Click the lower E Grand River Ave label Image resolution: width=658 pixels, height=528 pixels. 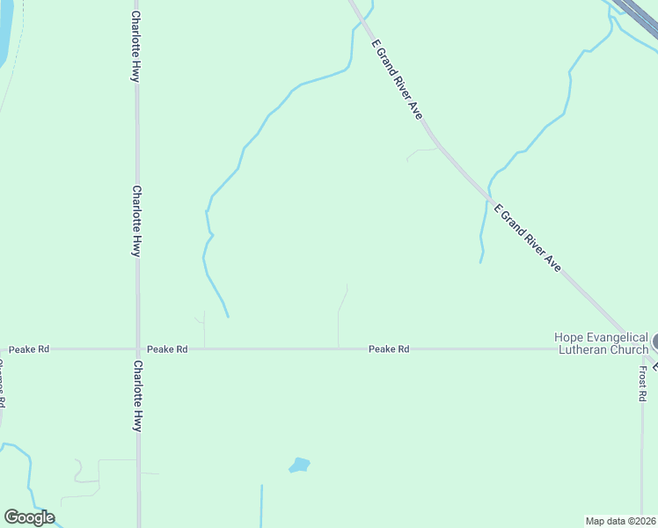527,238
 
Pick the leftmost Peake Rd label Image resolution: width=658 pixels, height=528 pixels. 29,349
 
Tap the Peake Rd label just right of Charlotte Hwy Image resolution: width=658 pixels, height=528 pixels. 167,349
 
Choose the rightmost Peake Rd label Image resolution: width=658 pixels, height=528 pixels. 389,349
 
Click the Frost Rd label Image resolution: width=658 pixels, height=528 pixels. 643,384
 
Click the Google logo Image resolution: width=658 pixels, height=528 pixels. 29,517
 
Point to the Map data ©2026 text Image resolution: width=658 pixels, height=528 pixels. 621,520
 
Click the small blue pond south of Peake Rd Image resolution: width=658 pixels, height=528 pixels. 300,465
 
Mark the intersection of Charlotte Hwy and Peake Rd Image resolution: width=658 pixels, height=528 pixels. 137,349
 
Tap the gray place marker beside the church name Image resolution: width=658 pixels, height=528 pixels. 655,341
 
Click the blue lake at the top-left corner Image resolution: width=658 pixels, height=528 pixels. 4,31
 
